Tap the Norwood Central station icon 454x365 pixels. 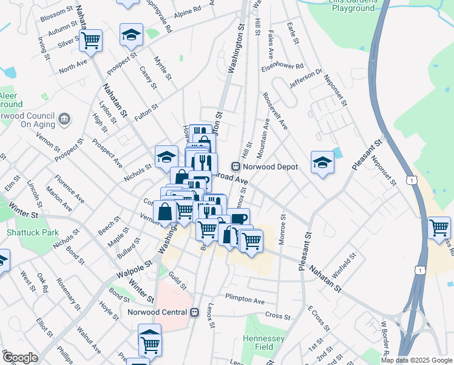pyautogui.click(x=195, y=313)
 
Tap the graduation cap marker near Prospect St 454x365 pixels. pyautogui.click(x=130, y=35)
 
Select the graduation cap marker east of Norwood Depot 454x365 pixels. pyautogui.click(x=322, y=162)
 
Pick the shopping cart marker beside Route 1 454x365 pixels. pyautogui.click(x=439, y=228)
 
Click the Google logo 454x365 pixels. pyautogui.click(x=20, y=358)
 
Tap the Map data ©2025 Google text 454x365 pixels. pyautogui.click(x=416, y=360)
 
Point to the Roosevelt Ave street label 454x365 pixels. pyautogui.click(x=275, y=111)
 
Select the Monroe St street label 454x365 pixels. pyautogui.click(x=282, y=229)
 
